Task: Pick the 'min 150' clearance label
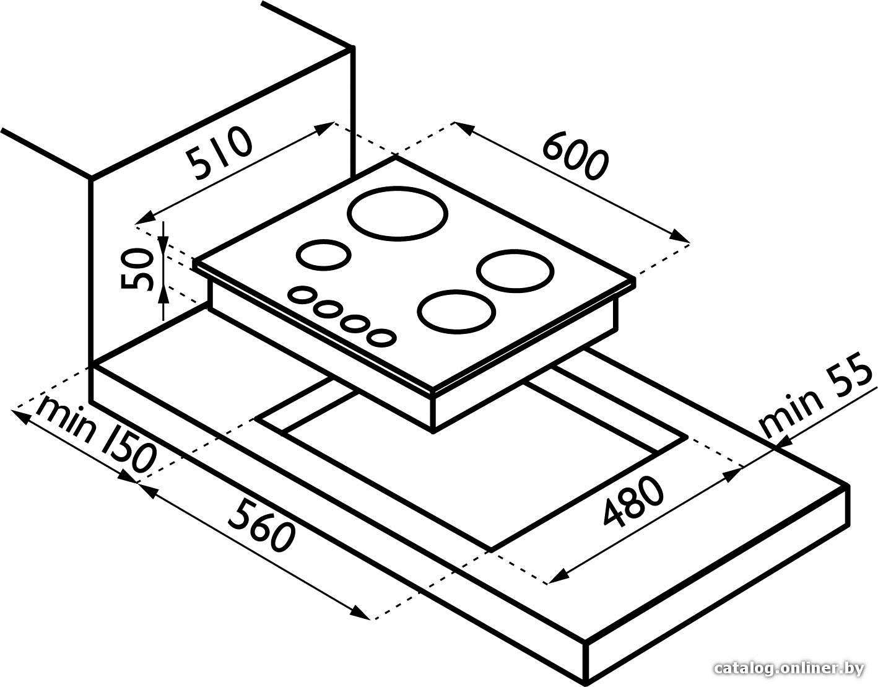pos(95,437)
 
